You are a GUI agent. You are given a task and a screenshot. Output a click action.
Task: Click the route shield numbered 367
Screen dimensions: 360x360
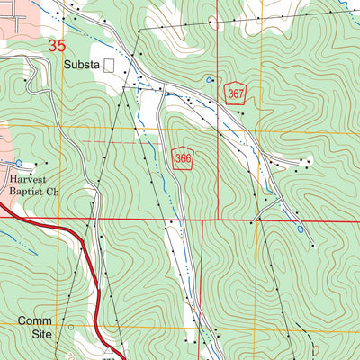point(237,93)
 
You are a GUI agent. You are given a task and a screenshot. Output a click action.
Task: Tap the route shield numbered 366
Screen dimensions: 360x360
point(184,158)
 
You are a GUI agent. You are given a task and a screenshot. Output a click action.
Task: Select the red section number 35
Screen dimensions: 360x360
point(57,45)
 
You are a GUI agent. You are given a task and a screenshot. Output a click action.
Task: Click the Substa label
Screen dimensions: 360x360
point(82,65)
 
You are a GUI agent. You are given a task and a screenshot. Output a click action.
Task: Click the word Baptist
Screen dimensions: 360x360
point(20,192)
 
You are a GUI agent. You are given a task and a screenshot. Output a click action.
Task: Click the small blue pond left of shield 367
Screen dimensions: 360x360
point(210,80)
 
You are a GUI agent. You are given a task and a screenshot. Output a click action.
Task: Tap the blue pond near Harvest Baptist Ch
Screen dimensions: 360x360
point(17,164)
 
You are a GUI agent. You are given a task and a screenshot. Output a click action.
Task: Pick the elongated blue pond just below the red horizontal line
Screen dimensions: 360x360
point(300,229)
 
